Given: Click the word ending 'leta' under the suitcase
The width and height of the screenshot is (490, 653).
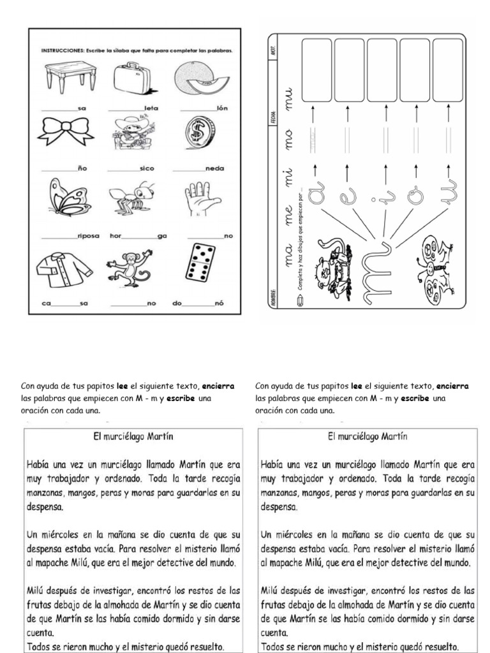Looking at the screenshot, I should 151,108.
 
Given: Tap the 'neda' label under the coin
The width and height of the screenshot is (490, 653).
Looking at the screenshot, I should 214,169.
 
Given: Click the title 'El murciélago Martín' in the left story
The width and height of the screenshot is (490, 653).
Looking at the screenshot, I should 134,437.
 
